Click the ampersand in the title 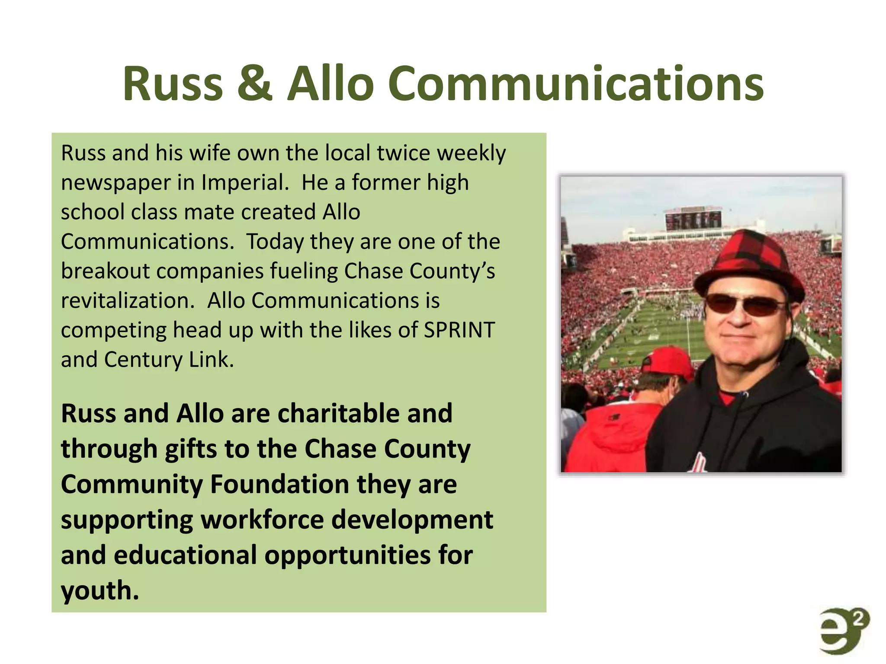click(255, 84)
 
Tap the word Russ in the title click(173, 84)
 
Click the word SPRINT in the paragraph click(459, 330)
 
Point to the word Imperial click(245, 182)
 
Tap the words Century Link click(169, 360)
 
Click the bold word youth click(100, 591)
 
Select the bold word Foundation click(279, 484)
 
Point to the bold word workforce click(262, 520)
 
